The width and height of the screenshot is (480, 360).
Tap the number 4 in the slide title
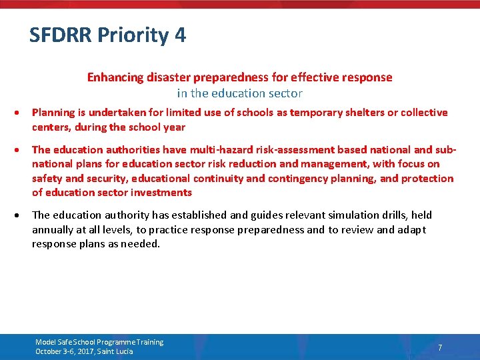pos(180,35)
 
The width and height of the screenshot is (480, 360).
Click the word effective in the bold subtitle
pos(303,77)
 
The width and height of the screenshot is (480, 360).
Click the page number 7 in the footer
pos(440,347)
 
